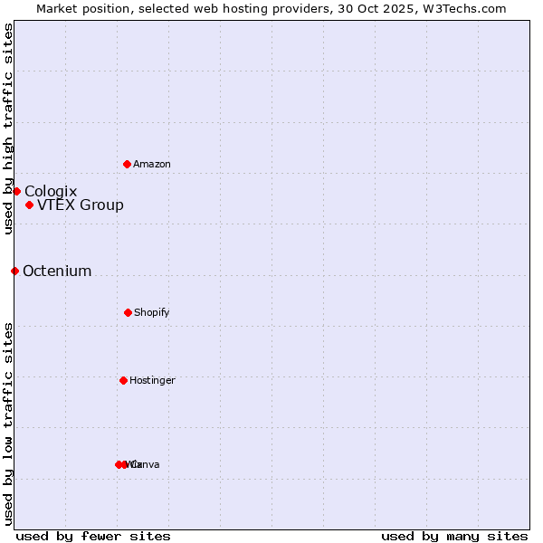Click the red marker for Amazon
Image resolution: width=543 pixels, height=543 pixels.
point(127,164)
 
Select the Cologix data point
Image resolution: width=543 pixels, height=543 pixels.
point(16,191)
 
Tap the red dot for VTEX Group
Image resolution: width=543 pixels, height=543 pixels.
point(29,205)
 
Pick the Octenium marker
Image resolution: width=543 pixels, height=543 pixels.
point(14,271)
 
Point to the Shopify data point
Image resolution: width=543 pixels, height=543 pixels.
point(128,312)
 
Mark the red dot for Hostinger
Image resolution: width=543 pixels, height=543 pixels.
point(123,380)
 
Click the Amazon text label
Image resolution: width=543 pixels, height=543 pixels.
point(152,164)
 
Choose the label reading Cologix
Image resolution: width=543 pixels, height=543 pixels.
point(51,191)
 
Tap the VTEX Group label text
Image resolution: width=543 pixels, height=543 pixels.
point(81,205)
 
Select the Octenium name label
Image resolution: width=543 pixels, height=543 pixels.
point(57,271)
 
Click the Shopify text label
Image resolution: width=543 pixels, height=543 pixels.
point(152,312)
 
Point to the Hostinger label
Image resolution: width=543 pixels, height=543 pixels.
point(152,380)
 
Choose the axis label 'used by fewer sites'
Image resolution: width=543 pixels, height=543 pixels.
point(93,536)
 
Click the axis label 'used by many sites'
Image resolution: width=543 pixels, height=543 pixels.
point(454,536)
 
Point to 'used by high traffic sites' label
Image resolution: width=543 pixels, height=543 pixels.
point(8,129)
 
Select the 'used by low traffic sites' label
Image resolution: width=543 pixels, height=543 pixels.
point(8,424)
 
